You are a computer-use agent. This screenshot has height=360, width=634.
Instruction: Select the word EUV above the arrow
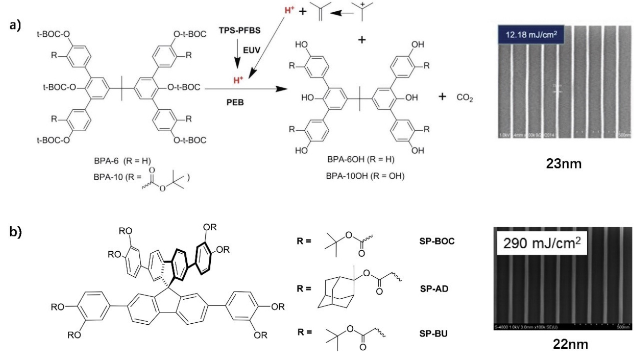coord(255,54)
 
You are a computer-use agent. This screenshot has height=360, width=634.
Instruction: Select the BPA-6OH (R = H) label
coord(350,160)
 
